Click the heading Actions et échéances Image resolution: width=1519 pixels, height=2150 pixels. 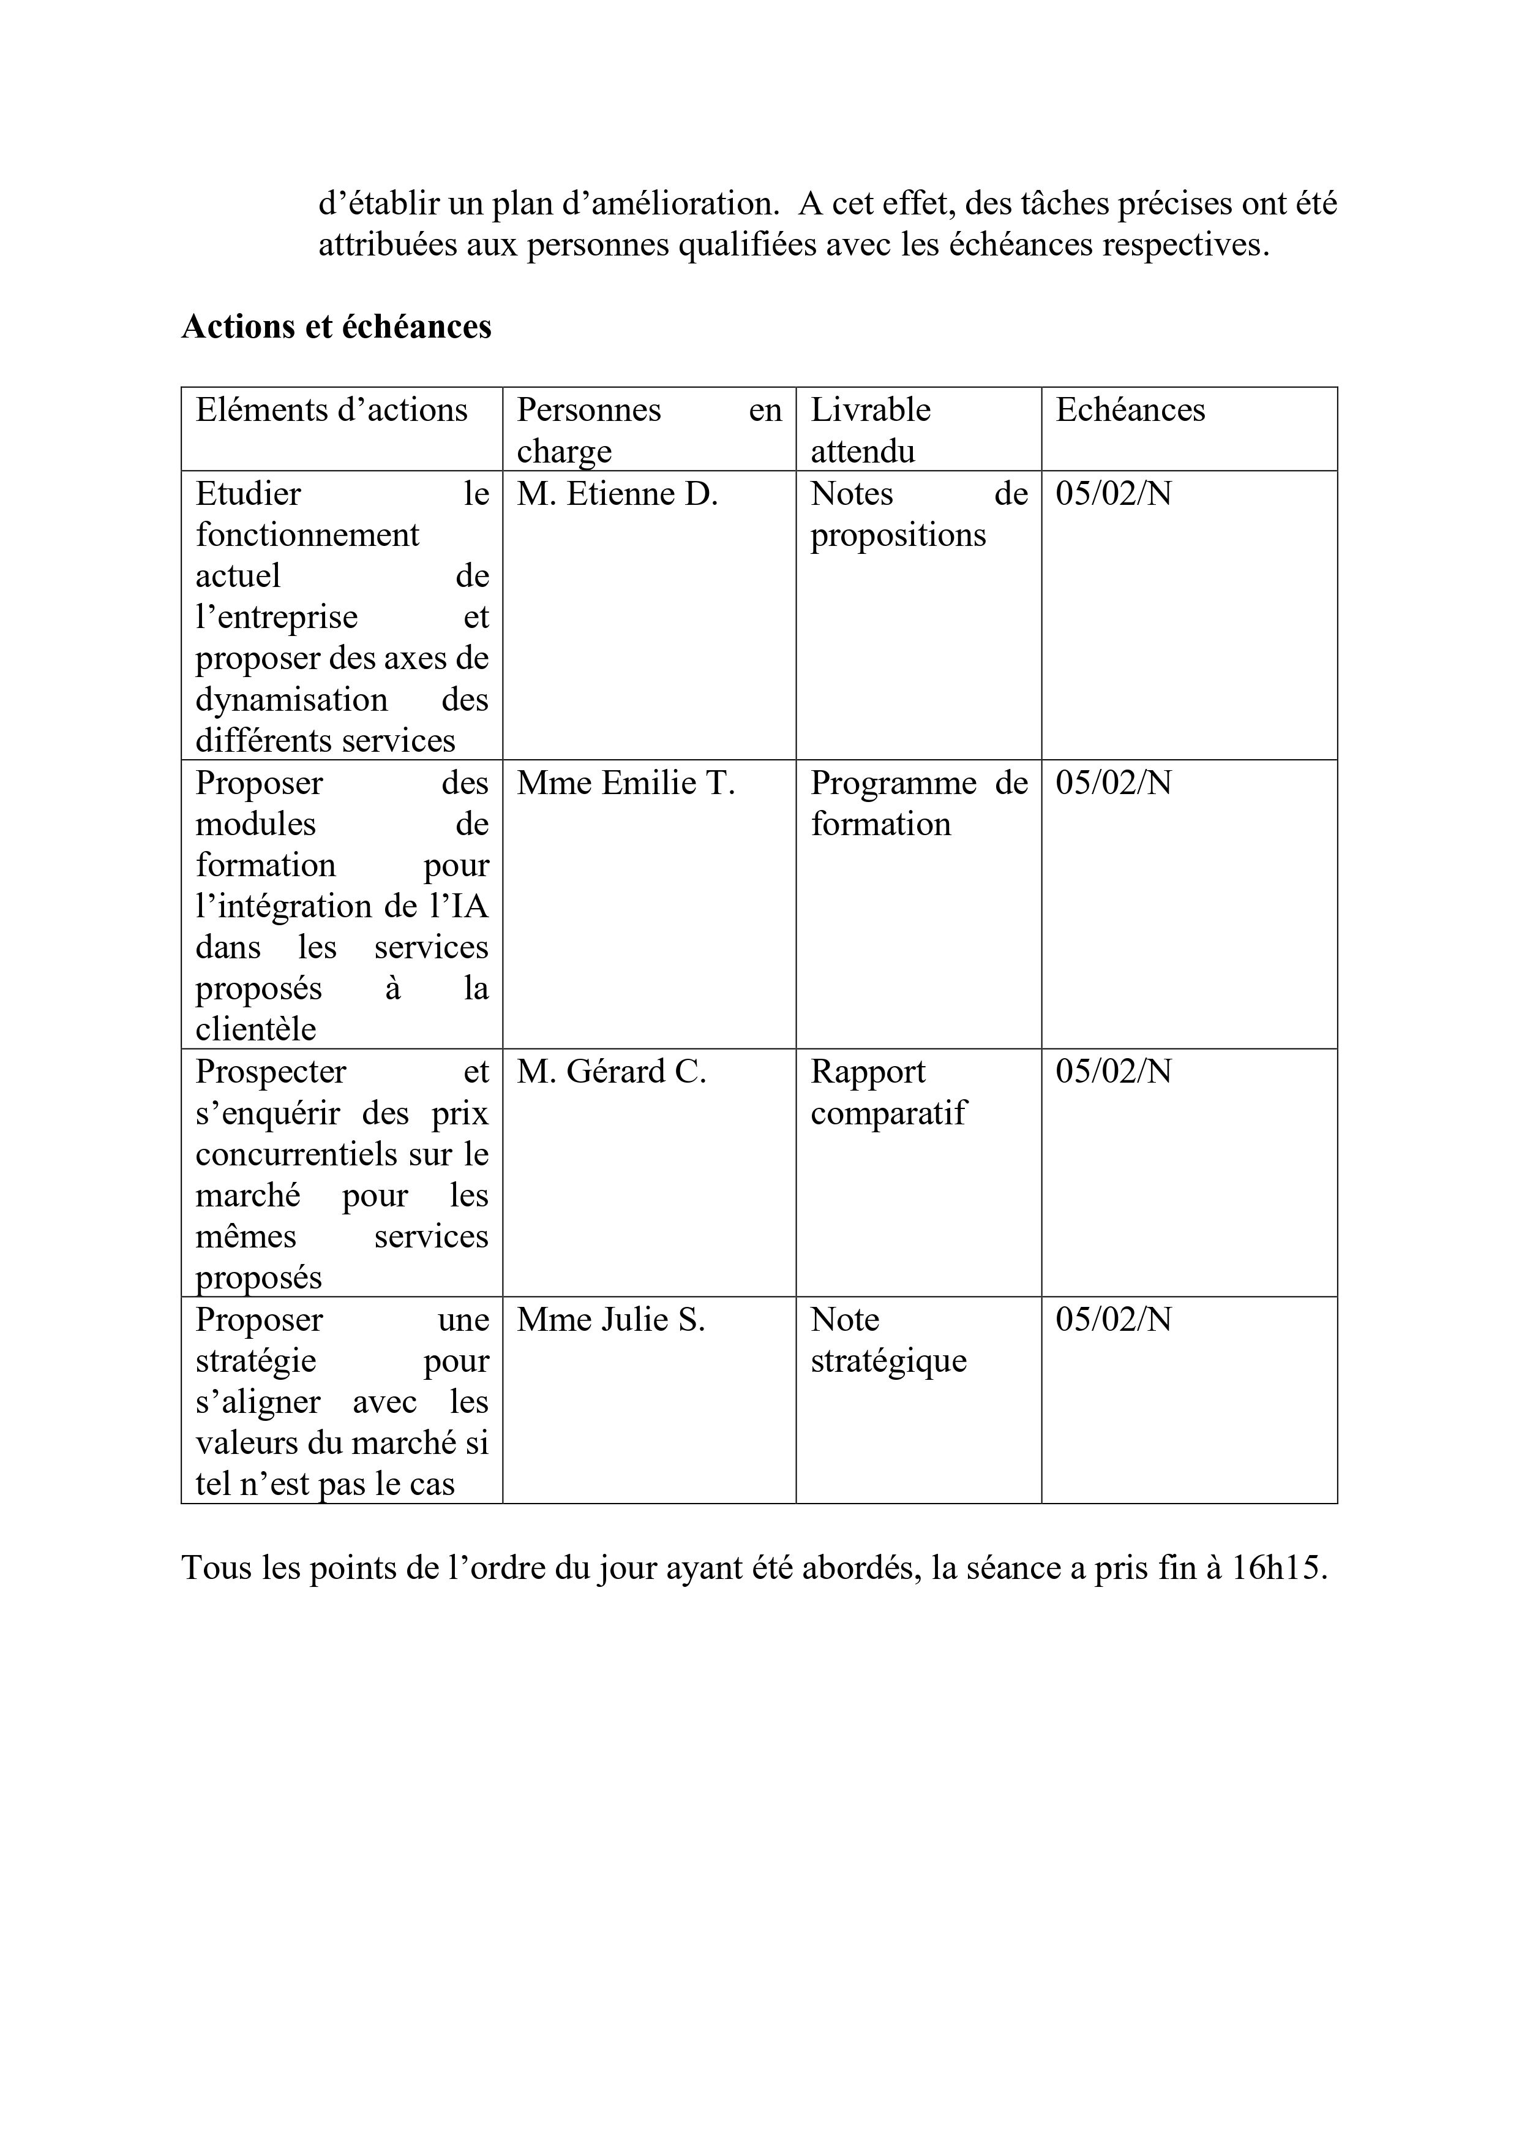click(x=336, y=326)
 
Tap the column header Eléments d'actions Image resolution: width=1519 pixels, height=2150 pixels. click(x=331, y=410)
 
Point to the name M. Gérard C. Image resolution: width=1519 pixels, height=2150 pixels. click(x=611, y=1071)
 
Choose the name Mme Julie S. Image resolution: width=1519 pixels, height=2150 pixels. click(x=610, y=1319)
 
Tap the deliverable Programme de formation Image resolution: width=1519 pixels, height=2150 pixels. click(x=918, y=803)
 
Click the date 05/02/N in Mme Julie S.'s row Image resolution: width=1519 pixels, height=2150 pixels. click(x=1113, y=1319)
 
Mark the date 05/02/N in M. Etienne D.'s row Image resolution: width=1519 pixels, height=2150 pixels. click(x=1113, y=493)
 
